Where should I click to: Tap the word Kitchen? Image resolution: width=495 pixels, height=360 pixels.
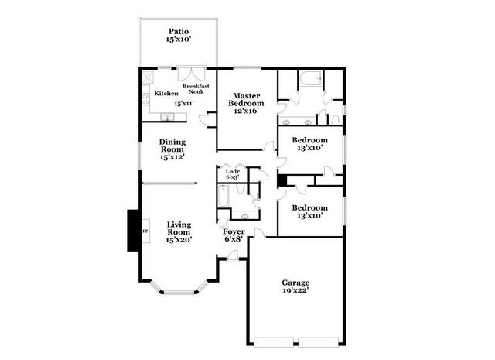(166, 93)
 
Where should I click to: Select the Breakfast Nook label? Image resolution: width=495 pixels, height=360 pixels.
(196, 89)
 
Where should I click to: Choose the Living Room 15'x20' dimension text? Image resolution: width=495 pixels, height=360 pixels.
(179, 240)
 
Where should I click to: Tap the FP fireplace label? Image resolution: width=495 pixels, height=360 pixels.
(145, 231)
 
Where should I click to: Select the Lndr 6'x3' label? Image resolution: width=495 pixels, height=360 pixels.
(232, 173)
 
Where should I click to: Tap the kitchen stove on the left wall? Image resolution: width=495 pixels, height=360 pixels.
(146, 99)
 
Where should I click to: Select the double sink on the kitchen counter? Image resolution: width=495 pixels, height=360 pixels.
(167, 117)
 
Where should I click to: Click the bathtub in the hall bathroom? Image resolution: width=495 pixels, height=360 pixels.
(222, 198)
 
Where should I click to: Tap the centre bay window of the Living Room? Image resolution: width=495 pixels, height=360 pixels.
(179, 292)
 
